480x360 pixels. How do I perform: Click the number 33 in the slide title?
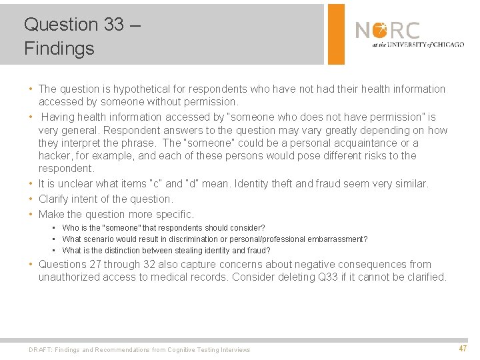114,25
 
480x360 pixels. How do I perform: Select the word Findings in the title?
59,49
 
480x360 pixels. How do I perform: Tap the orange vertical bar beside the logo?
337,33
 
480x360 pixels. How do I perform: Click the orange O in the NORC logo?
380,30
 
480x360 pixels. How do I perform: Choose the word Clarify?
55,199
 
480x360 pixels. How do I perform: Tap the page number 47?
462,349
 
